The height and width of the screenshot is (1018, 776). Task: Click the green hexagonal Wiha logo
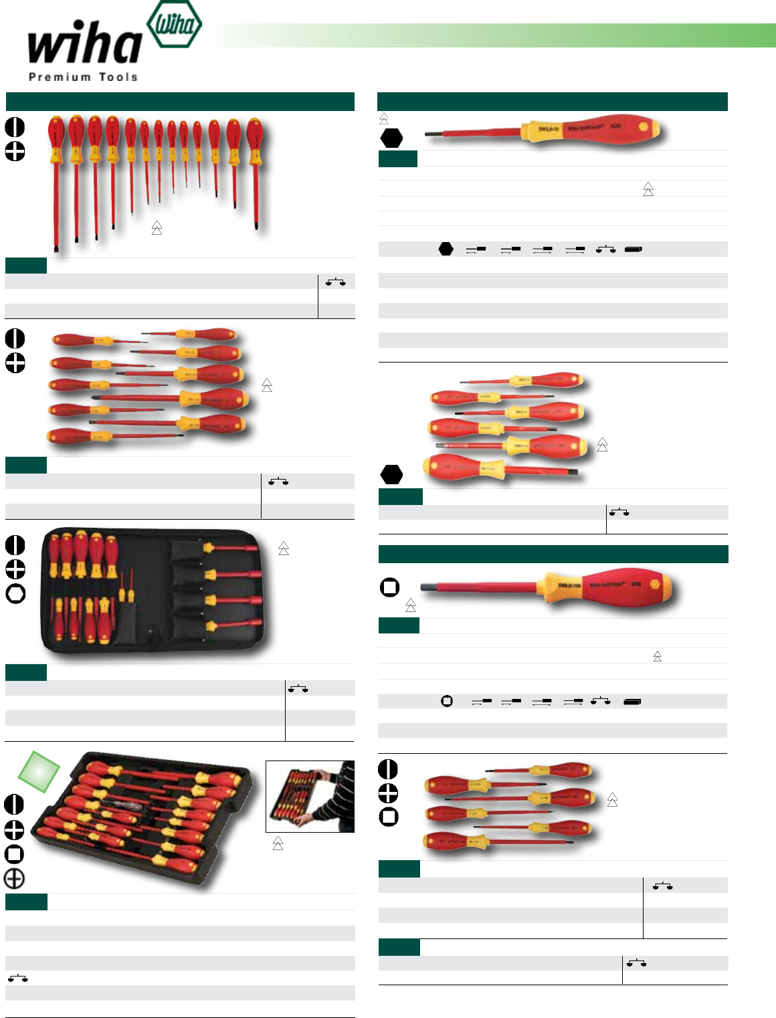(174, 25)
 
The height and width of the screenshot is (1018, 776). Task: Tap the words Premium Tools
(83, 77)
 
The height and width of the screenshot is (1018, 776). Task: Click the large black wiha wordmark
(84, 44)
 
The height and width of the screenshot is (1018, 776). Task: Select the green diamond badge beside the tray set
(39, 771)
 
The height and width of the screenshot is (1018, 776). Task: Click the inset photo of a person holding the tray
(310, 796)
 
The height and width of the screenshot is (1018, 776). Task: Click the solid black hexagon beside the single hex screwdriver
(391, 138)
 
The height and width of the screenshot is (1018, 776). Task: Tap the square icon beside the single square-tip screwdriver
(389, 587)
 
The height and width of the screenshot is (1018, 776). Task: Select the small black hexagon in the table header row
(446, 249)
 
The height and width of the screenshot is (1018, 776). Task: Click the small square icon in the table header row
(447, 701)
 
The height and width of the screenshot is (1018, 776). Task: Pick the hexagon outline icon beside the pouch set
(15, 593)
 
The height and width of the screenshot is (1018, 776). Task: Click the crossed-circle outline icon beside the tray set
(14, 878)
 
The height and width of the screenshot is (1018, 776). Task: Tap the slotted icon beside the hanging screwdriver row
(15, 127)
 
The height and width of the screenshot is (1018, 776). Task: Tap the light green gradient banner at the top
(492, 35)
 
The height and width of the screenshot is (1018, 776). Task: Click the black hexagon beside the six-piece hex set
(391, 474)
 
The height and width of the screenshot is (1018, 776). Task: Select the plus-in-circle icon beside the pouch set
(15, 569)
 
